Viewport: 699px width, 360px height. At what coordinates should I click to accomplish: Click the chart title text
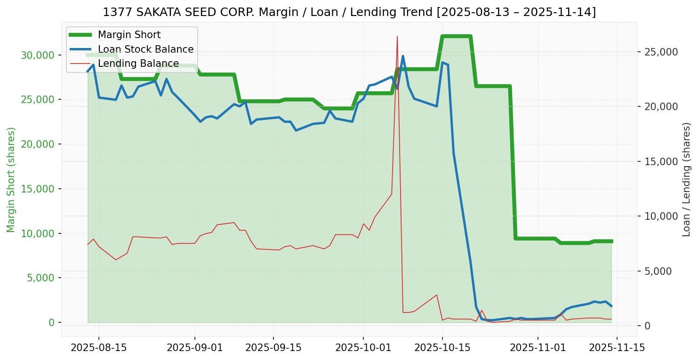coord(349,12)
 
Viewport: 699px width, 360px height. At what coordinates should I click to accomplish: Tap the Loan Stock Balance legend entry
coord(145,49)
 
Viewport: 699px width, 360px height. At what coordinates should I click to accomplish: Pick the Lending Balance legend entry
coord(138,64)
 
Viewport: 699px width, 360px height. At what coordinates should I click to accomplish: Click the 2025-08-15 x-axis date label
coord(98,348)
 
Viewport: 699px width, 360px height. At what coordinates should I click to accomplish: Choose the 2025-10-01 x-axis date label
coord(363,348)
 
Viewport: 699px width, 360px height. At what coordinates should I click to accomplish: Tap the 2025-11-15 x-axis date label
coord(617,348)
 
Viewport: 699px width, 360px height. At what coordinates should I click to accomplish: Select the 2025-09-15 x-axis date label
coord(273,348)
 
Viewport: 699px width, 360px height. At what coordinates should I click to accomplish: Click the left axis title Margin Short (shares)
coord(11,180)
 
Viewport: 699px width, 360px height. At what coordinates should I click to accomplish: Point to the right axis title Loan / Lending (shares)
coord(686,180)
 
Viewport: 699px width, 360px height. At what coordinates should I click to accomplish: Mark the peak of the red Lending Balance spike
coord(397,36)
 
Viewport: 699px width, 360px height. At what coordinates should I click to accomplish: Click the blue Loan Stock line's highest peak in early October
coord(403,56)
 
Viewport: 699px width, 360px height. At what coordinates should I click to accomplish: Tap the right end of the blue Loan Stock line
coord(611,306)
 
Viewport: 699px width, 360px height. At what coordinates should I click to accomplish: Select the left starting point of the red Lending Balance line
coord(88,244)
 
